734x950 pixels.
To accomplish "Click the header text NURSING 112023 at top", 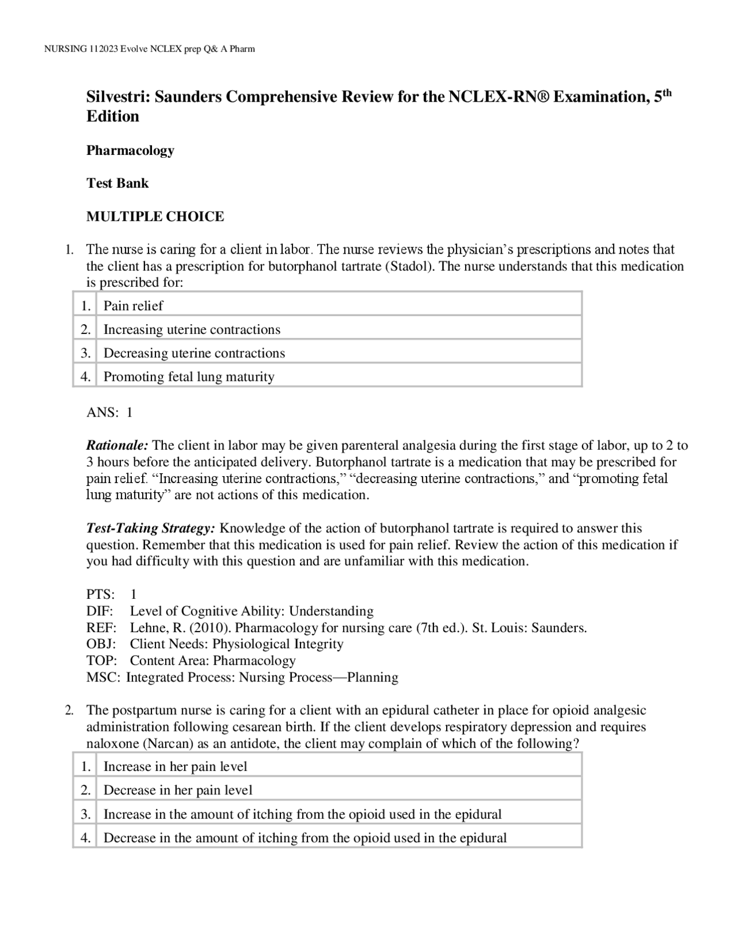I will pyautogui.click(x=80, y=49).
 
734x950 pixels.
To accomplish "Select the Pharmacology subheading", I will pyautogui.click(x=130, y=150).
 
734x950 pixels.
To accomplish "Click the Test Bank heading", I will pyautogui.click(x=117, y=183).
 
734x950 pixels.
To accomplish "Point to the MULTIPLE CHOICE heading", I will pyautogui.click(x=155, y=216).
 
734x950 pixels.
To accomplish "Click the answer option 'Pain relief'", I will pyautogui.click(x=133, y=306).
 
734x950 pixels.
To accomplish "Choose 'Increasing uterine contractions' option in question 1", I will pyautogui.click(x=192, y=329).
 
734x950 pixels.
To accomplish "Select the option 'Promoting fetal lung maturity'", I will pyautogui.click(x=189, y=376).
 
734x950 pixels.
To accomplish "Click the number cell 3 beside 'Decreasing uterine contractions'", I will pyautogui.click(x=85, y=353).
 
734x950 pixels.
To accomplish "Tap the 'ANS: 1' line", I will pyautogui.click(x=109, y=412).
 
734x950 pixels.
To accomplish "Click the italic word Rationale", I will pyautogui.click(x=117, y=445).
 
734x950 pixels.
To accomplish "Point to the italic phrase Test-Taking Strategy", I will pyautogui.click(x=150, y=528).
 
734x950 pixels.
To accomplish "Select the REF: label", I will pyautogui.click(x=101, y=628).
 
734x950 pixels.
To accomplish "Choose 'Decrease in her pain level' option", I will pyautogui.click(x=178, y=790).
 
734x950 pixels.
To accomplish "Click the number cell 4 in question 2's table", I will pyautogui.click(x=85, y=838).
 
